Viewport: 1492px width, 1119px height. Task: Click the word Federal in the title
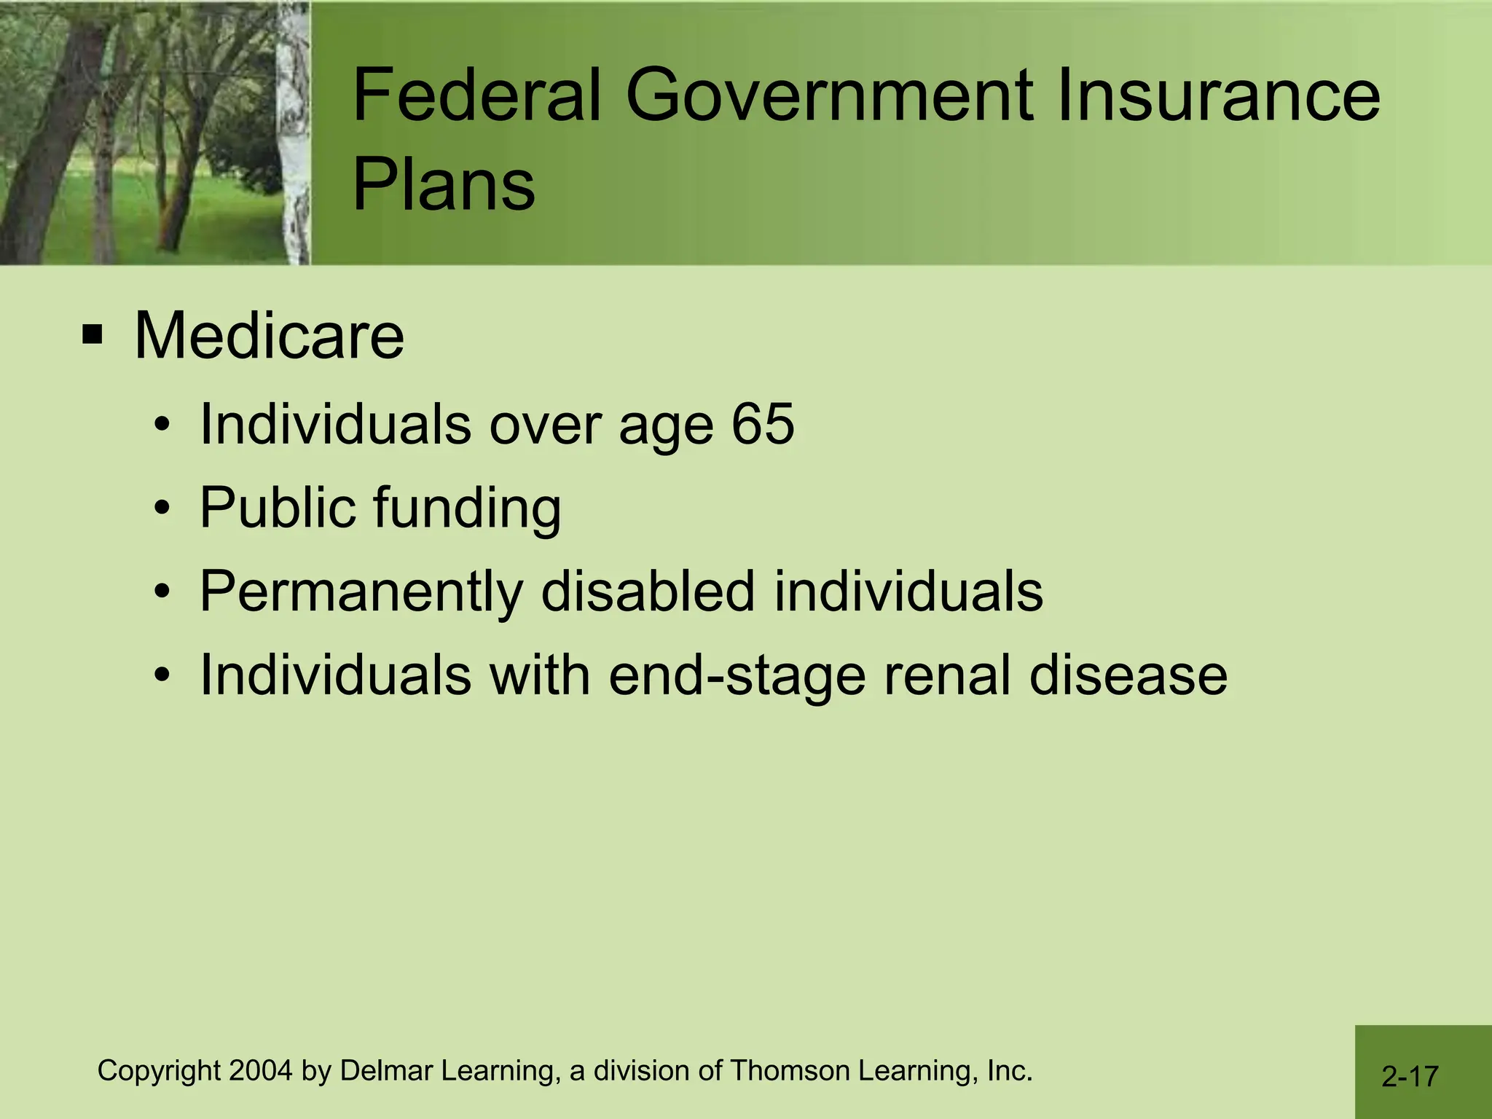477,95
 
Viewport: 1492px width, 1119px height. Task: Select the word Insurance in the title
1218,95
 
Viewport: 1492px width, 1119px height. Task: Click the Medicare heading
269,336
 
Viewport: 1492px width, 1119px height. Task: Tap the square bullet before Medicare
93,336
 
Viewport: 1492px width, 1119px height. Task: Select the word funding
467,508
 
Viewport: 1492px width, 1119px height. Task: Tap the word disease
1128,675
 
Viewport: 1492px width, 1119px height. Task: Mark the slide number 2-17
1410,1077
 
